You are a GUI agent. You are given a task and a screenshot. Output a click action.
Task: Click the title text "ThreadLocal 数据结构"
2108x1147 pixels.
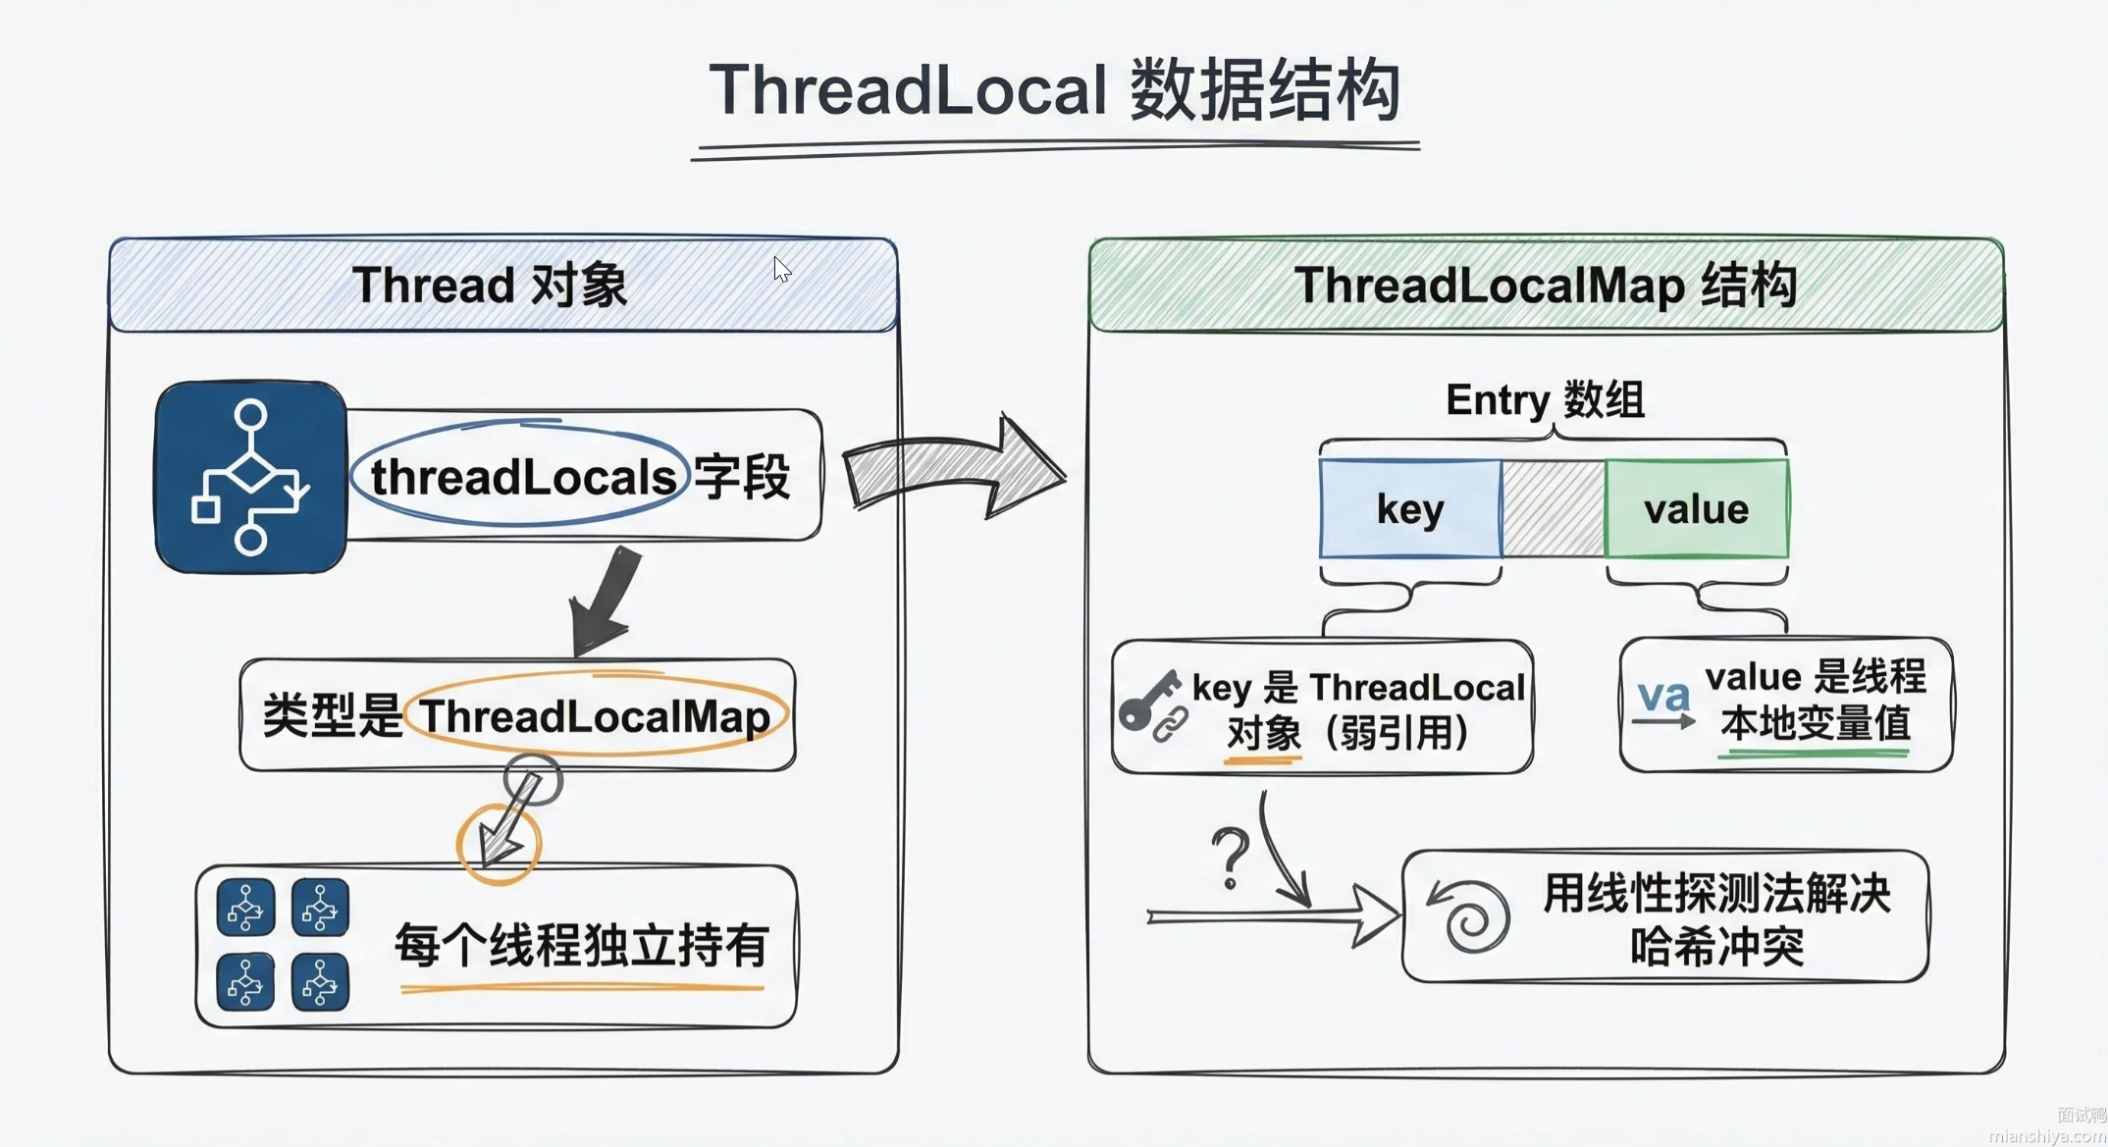coord(1054,90)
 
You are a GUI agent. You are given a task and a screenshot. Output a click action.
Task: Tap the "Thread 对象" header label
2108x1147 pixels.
coord(489,286)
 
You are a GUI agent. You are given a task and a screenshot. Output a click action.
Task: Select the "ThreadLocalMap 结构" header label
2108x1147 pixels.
coord(1545,286)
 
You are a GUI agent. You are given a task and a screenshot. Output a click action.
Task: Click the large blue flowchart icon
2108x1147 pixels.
coord(251,477)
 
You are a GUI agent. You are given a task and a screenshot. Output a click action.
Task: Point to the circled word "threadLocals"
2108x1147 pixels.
coord(522,478)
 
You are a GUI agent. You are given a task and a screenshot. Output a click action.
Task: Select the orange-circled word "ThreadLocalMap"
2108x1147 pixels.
coord(595,716)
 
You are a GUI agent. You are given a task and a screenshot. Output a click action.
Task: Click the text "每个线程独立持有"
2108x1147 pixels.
coord(581,946)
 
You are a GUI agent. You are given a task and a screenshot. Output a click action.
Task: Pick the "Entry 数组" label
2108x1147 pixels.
coord(1545,399)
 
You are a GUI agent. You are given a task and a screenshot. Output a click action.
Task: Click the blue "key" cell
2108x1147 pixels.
coord(1410,509)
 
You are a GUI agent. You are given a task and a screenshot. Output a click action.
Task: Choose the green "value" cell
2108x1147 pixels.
coord(1696,509)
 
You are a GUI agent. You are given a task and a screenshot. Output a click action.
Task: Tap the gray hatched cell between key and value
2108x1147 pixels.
coord(1554,509)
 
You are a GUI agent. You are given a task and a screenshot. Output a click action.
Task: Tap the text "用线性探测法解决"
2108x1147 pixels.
coord(1715,893)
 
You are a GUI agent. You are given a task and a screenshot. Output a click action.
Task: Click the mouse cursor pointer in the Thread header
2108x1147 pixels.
coord(781,269)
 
